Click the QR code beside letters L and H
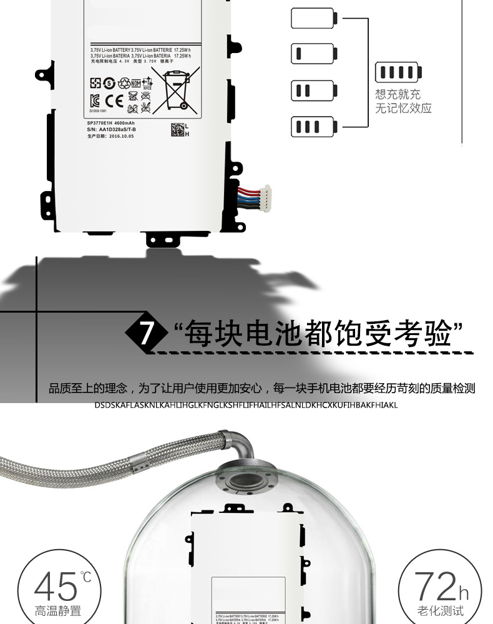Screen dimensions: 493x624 tap(177, 130)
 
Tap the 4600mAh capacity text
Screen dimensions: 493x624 tap(130, 124)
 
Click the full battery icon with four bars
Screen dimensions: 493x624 tap(398, 72)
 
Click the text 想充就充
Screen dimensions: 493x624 tap(398, 95)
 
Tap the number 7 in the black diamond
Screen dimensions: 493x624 tap(145, 333)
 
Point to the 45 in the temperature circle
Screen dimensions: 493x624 tap(54, 587)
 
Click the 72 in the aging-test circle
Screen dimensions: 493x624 tap(436, 587)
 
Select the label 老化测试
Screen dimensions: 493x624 tap(441, 610)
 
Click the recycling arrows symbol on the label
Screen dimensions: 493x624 tap(124, 82)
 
